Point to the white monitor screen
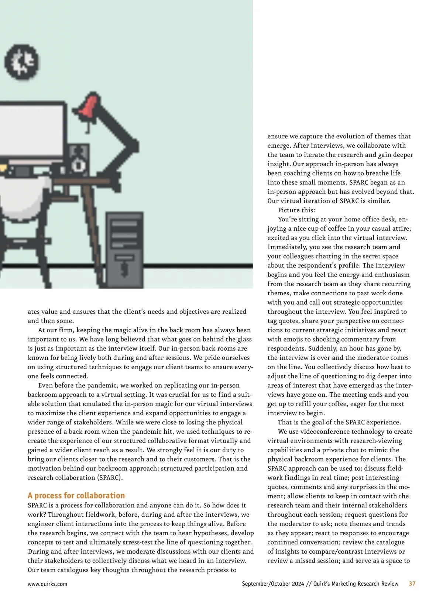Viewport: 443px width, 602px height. pos(31,129)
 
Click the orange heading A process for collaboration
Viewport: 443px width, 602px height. pos(76,495)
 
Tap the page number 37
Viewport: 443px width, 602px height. pos(412,584)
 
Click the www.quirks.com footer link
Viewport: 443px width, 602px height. pos(47,584)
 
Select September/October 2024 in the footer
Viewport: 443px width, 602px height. pos(273,584)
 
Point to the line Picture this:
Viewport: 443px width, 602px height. pos(296,210)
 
